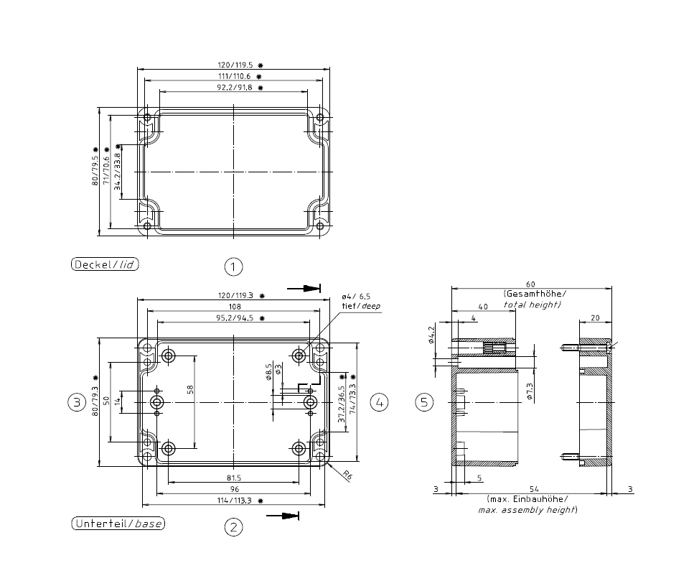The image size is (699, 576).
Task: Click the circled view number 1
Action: pos(233,266)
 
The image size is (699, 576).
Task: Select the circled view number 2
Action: pos(233,527)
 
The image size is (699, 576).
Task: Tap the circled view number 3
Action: pos(77,402)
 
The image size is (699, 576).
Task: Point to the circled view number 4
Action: pos(380,402)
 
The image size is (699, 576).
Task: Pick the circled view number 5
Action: pos(424,402)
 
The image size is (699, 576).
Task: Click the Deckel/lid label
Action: pos(105,264)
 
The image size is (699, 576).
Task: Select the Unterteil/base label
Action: pos(118,524)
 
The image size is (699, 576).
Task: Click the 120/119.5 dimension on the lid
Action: pos(235,65)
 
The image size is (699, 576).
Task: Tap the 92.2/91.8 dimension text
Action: pos(235,88)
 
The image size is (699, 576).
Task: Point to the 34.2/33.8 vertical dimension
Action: pos(117,172)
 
